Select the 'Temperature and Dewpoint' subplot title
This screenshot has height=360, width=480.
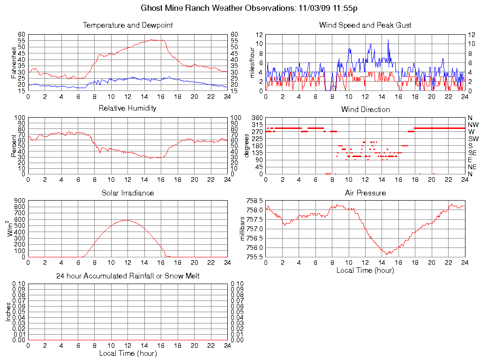click(127, 25)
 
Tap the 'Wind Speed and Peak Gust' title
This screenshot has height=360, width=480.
click(365, 25)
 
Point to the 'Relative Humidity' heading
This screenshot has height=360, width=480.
click(127, 108)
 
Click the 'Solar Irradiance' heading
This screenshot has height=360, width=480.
click(127, 193)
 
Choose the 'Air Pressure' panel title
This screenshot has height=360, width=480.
click(365, 193)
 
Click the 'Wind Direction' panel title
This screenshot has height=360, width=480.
click(365, 109)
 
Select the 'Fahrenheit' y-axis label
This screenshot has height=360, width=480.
click(14, 62)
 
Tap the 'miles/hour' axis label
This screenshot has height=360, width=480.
click(252, 62)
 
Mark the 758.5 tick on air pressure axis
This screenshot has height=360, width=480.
click(255, 201)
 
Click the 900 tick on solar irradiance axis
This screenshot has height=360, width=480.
click(19, 201)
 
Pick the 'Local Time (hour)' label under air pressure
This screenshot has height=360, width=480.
click(365, 270)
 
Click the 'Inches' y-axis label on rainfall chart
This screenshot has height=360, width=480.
click(8, 311)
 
